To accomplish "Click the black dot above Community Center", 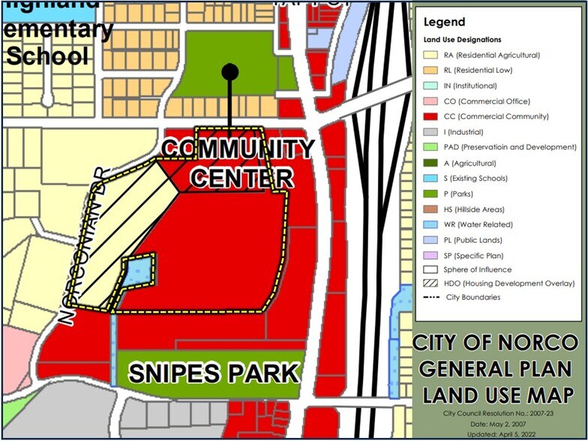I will (230, 72).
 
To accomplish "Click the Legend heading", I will (444, 22).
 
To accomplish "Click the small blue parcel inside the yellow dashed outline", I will (137, 271).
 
